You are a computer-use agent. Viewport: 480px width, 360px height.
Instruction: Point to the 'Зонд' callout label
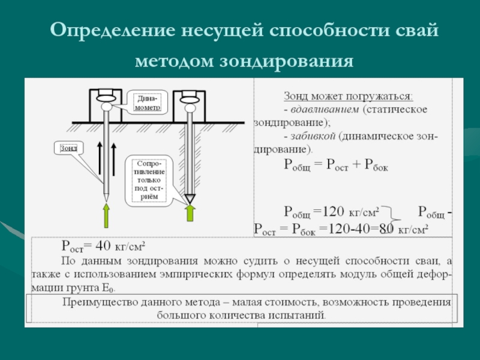[68, 147]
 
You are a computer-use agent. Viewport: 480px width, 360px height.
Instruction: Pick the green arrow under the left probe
[106, 215]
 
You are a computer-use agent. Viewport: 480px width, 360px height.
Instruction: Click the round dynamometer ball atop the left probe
[106, 107]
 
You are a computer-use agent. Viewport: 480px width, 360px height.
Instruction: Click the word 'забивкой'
[313, 136]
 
